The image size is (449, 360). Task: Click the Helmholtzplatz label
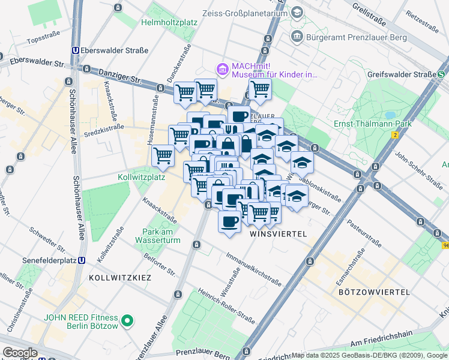pos(169,23)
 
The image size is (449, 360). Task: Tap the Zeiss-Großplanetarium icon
pos(297,13)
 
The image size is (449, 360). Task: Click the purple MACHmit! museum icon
pos(223,70)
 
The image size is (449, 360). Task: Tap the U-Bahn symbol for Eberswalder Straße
pos(76,51)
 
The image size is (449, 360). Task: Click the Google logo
pos(20,353)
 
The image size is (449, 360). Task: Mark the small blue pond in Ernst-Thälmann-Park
pos(391,114)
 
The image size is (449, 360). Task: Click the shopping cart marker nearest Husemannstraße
pos(163,157)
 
